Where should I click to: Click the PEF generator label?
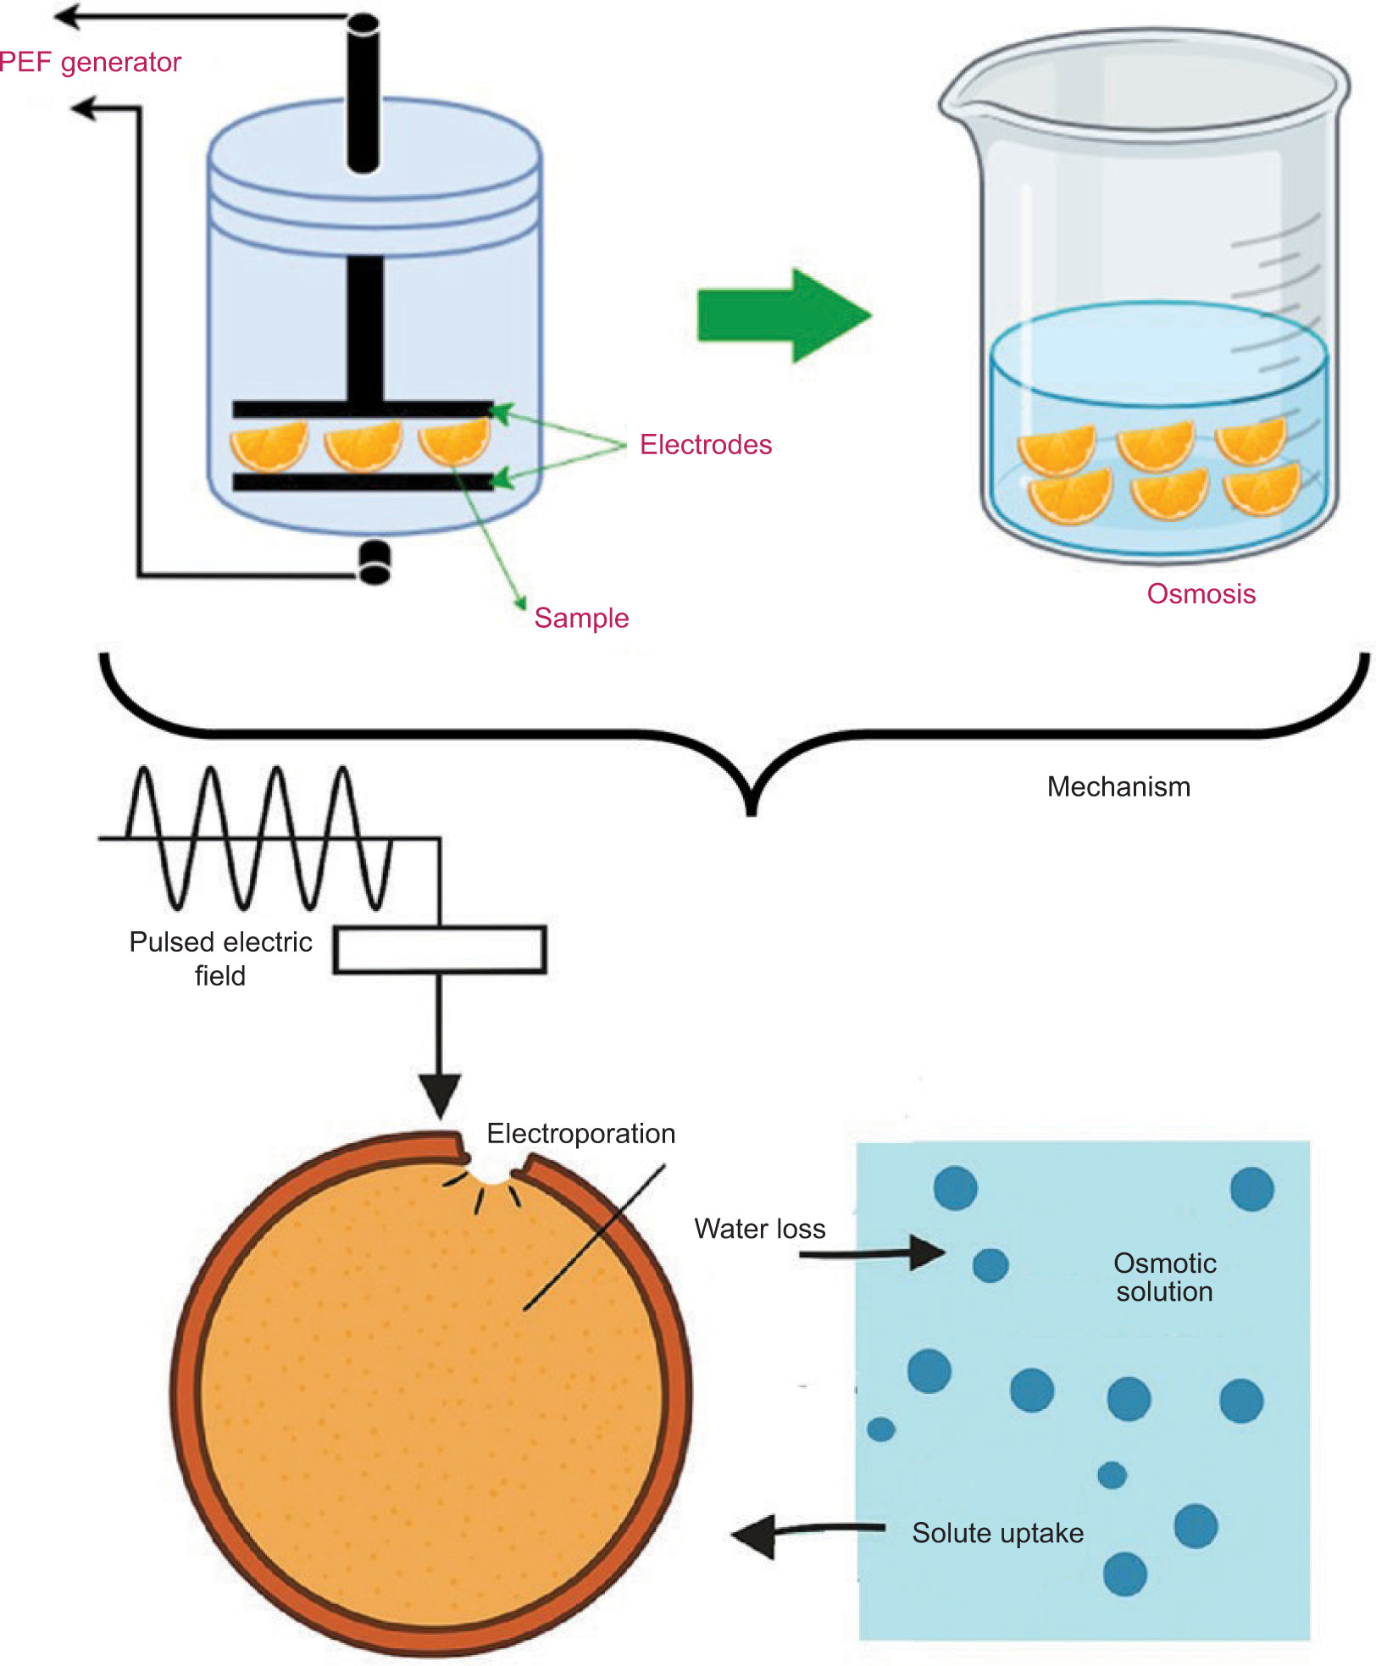click(x=91, y=62)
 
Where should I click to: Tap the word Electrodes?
click(x=705, y=444)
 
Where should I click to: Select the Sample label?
click(x=581, y=618)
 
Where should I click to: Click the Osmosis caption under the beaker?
click(x=1201, y=593)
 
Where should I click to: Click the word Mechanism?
click(x=1118, y=786)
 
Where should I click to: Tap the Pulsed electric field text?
click(x=220, y=958)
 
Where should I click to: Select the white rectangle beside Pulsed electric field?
click(x=440, y=949)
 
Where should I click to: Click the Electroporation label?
click(x=580, y=1133)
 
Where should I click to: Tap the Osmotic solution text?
click(x=1164, y=1277)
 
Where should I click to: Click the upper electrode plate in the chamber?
click(x=363, y=408)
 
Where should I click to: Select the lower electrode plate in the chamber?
click(x=363, y=482)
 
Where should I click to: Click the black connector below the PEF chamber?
click(x=375, y=563)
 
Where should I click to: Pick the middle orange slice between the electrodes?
click(x=363, y=446)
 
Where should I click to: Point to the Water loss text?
click(x=759, y=1228)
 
